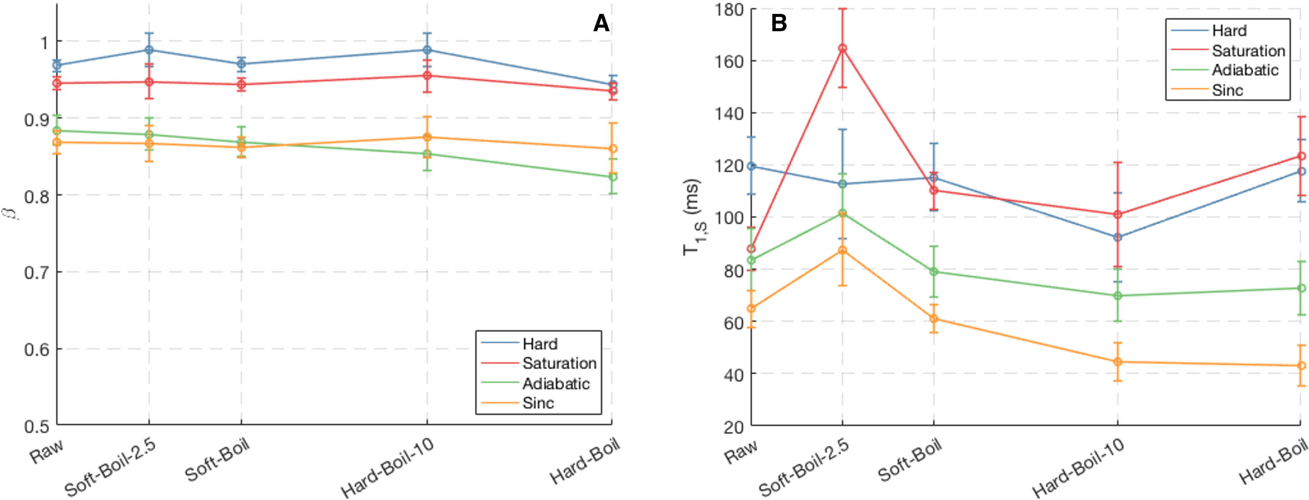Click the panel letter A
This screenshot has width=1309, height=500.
(601, 23)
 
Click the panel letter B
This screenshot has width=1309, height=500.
(779, 23)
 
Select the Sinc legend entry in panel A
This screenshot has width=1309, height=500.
(538, 403)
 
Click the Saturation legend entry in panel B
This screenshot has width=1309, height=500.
(1248, 51)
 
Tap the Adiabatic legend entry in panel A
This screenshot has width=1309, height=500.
(556, 383)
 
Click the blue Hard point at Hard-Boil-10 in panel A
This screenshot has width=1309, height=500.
(427, 50)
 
